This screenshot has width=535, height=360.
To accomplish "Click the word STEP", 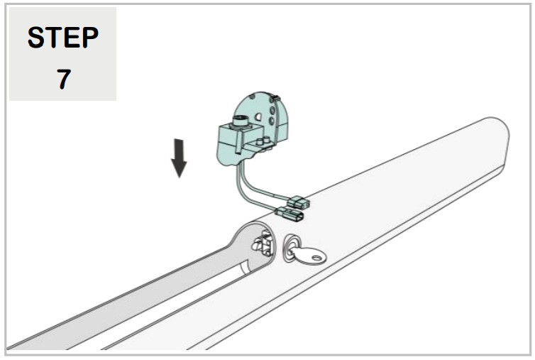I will [x=63, y=38].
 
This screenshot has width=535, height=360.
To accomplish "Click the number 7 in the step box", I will [x=63, y=79].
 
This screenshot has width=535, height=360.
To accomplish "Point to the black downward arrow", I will [x=180, y=157].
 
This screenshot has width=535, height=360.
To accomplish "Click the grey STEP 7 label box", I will [x=62, y=55].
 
